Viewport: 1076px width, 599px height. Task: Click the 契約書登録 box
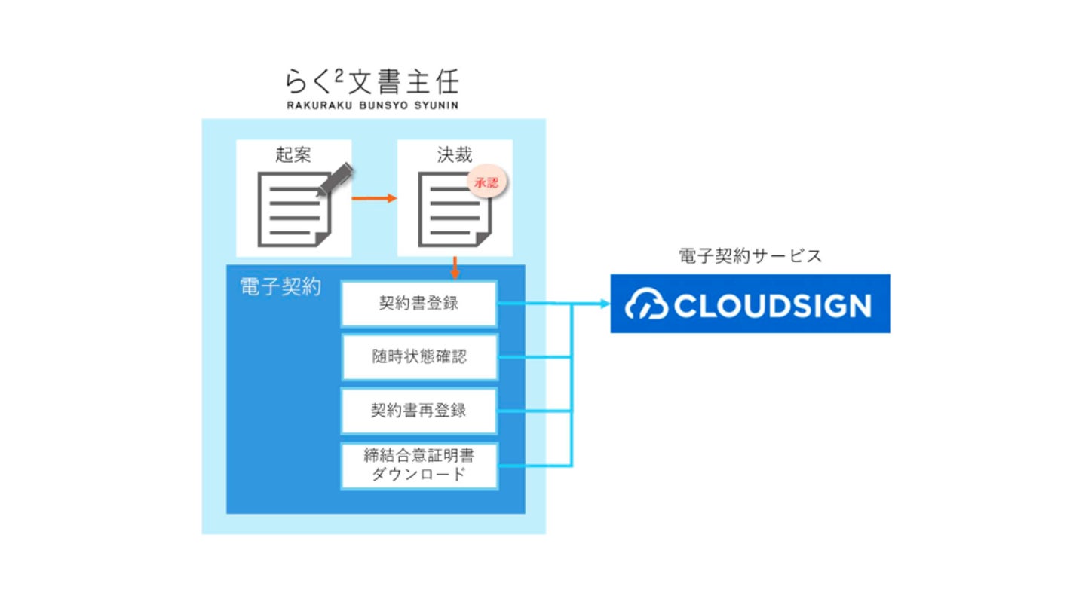[418, 304]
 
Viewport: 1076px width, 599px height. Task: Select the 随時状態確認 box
[418, 357]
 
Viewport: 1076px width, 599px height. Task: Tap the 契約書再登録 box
[418, 411]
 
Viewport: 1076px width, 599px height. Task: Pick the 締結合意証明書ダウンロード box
[418, 465]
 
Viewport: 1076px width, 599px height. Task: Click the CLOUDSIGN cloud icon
[647, 304]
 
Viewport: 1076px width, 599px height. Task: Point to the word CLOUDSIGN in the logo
[772, 305]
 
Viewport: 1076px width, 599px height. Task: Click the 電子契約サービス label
[750, 256]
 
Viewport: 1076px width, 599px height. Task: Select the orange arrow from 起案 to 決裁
[375, 198]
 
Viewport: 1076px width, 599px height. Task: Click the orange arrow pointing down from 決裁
[455, 267]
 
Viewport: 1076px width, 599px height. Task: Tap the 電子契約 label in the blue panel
[280, 287]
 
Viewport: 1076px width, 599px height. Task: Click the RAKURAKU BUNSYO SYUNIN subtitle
[372, 105]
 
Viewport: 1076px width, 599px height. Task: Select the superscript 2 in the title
[341, 74]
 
